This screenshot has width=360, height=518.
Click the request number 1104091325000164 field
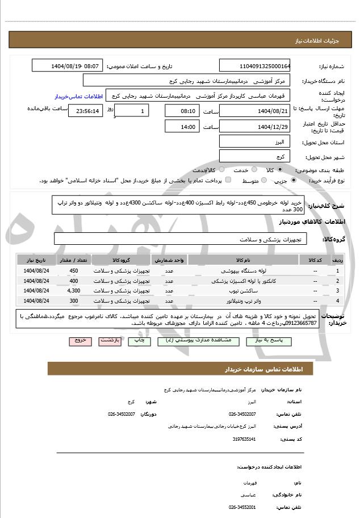click(254, 66)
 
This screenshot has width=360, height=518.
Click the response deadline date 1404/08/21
click(254, 111)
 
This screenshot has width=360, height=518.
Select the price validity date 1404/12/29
click(254, 127)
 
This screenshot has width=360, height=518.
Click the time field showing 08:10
click(182, 111)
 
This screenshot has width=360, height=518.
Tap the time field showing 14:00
click(182, 127)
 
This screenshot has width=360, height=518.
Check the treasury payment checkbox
click(228, 180)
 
